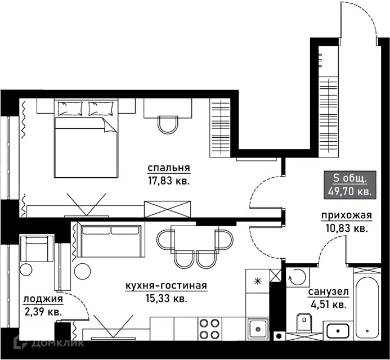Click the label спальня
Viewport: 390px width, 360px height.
[x=169, y=168]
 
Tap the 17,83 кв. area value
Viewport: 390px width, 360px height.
[x=169, y=181]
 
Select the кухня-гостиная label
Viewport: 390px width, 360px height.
[x=166, y=286]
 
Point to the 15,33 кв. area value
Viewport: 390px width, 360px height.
[x=166, y=298]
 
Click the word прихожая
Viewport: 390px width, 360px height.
[x=347, y=215]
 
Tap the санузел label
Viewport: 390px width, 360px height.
[x=328, y=292]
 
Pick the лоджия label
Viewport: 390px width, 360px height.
[x=43, y=299]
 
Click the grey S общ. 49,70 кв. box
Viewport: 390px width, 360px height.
[x=349, y=184]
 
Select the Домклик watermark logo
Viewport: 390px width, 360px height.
[x=49, y=343]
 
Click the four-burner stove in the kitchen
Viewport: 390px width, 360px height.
[x=210, y=328]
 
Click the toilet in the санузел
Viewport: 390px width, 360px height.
[x=304, y=322]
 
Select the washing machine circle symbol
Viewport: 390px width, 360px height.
[x=298, y=277]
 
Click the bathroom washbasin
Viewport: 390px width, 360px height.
[x=338, y=331]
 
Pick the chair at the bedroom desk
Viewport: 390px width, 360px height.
[x=168, y=125]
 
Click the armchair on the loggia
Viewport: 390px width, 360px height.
[x=37, y=249]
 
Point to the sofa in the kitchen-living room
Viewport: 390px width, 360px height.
[x=111, y=240]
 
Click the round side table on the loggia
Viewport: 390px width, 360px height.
[x=26, y=269]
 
